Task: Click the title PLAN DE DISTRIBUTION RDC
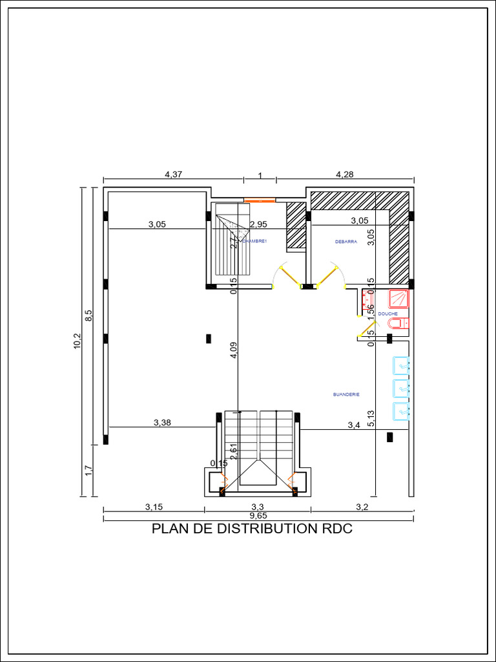tap(252, 529)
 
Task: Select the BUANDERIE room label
tap(346, 394)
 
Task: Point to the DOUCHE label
tap(388, 314)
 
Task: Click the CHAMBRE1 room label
tap(254, 240)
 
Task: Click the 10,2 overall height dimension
tap(77, 341)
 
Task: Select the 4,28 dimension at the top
tap(344, 174)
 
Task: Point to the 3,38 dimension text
tap(163, 423)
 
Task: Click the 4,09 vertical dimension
tap(234, 349)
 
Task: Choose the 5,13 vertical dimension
tap(371, 420)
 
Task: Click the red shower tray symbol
tap(399, 298)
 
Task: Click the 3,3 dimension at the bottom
tap(257, 507)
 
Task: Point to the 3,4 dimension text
tap(354, 425)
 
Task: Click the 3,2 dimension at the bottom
tap(362, 507)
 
